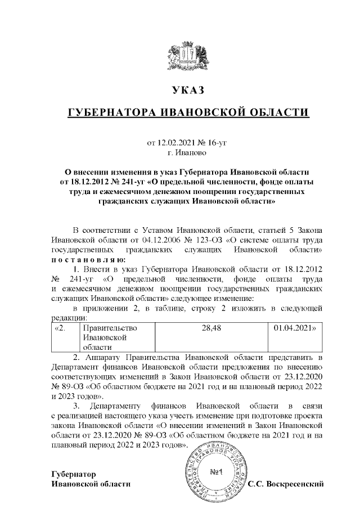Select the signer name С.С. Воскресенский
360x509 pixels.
click(287, 484)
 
